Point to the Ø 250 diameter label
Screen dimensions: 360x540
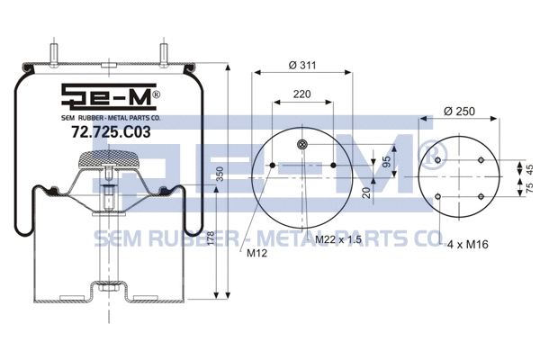coord(459,111)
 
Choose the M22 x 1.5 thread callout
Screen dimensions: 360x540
coord(338,240)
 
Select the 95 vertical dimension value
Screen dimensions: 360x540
coord(360,163)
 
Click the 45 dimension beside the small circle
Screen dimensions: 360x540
coord(529,168)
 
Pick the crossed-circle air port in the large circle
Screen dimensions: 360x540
coord(303,147)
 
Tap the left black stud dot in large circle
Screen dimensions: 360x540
coord(270,166)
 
